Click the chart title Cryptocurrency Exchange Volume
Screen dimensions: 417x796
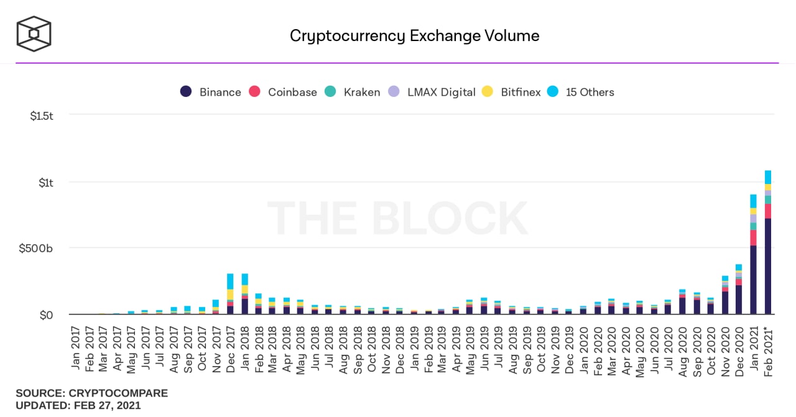coord(414,35)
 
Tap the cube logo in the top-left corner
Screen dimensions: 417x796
coord(34,34)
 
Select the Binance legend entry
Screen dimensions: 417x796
coord(211,92)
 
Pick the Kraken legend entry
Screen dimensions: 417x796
coord(353,92)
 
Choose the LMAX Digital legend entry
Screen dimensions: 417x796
coord(432,92)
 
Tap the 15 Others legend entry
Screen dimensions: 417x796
coord(581,92)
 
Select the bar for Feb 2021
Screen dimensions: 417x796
coord(768,249)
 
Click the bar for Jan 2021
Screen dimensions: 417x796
coord(753,261)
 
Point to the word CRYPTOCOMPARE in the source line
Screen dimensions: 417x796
coord(118,393)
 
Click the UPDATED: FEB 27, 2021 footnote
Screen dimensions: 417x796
coord(78,406)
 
